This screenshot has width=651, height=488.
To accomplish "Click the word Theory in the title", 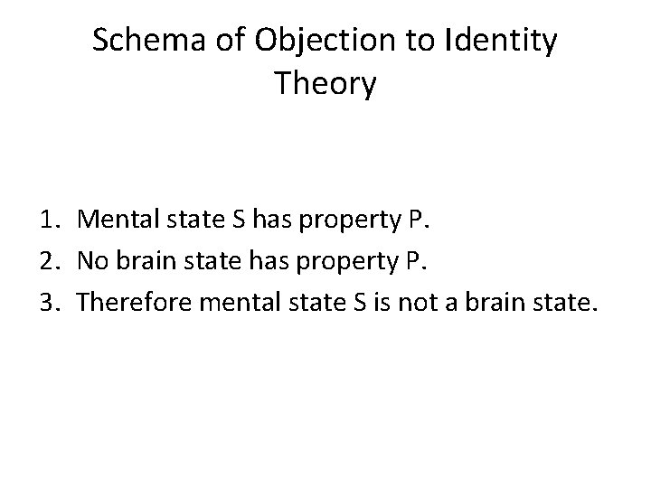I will click(x=325, y=85).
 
